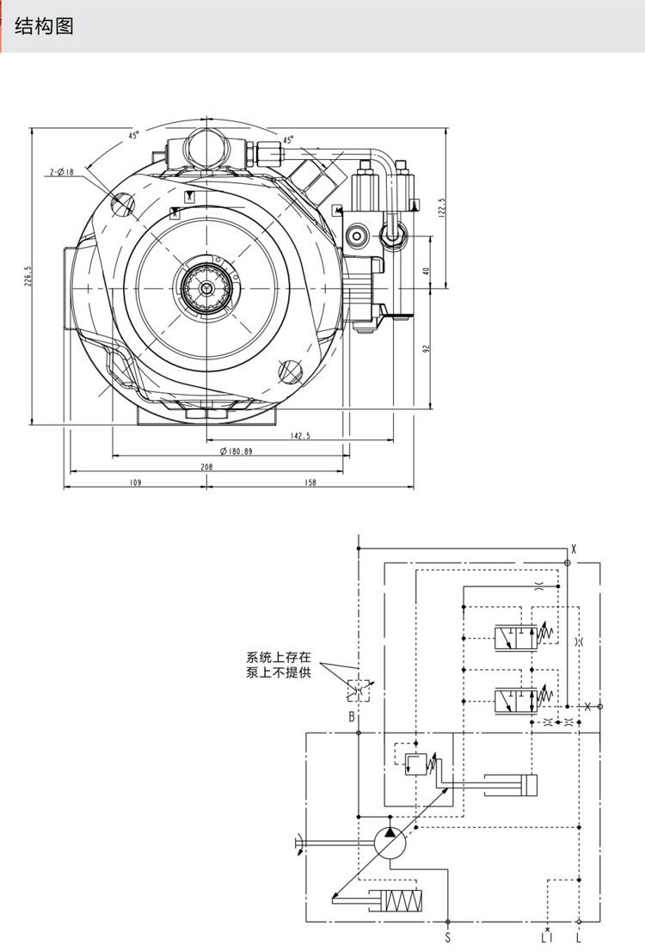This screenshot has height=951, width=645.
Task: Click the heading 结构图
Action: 45,27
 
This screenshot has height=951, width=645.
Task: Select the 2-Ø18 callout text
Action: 61,172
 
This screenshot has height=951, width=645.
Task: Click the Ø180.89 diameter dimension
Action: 236,451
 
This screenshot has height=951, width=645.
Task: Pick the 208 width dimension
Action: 206,467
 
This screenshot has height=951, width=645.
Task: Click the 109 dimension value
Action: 135,482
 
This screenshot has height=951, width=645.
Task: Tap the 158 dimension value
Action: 310,482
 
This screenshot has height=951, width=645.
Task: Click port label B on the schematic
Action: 352,716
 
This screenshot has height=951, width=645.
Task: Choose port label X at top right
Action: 574,548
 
